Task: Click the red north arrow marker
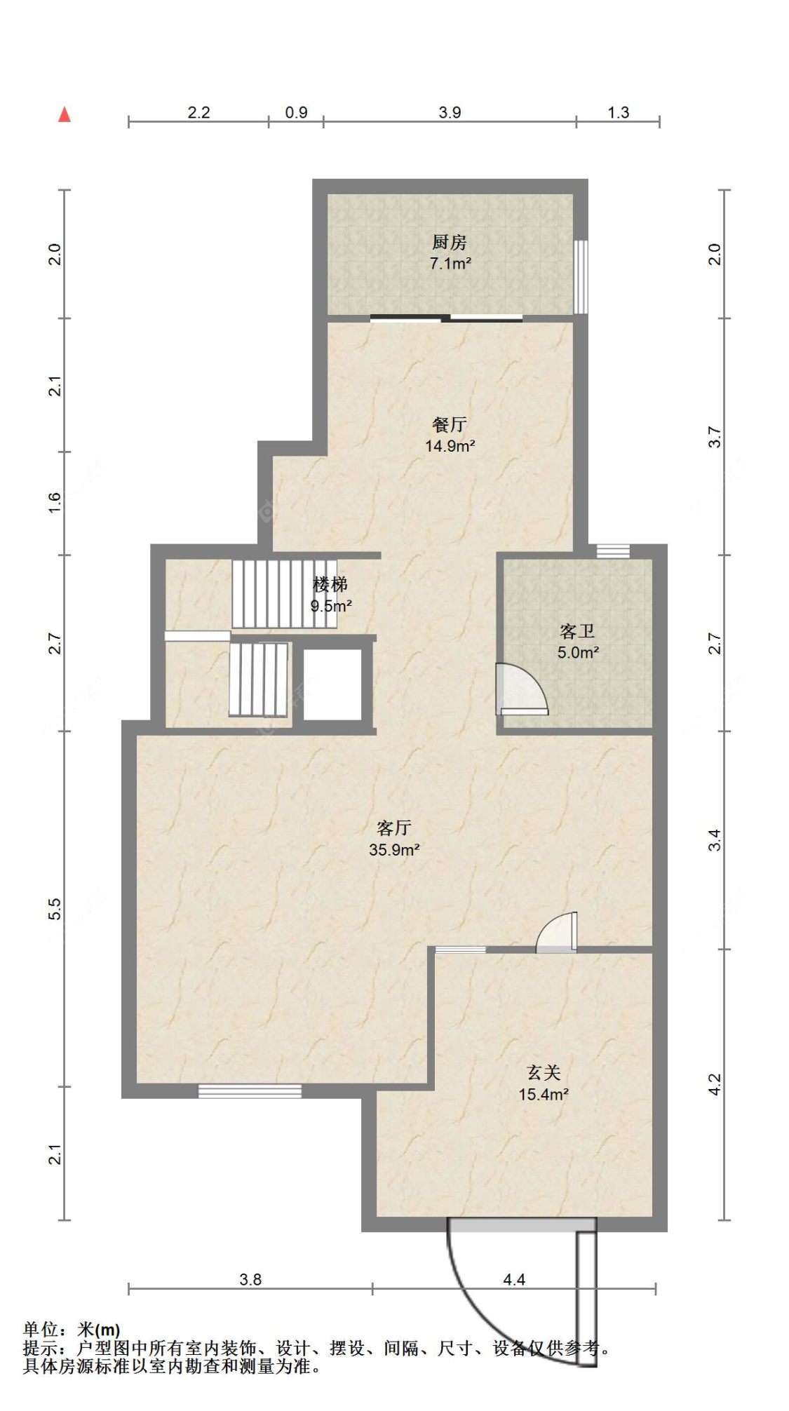[x=65, y=114]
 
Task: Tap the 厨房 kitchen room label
[x=450, y=242]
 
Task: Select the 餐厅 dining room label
[x=450, y=424]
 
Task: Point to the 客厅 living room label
[x=394, y=828]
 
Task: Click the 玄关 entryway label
[x=544, y=1072]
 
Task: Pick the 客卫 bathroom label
[x=578, y=631]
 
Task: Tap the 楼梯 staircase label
[x=330, y=584]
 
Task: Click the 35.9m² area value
[x=394, y=849]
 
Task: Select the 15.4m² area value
[x=544, y=1094]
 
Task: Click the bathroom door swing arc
[x=540, y=684]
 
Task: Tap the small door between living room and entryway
[x=557, y=933]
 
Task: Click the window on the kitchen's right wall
[x=581, y=277]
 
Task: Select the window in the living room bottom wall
[x=250, y=1091]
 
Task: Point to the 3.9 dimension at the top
[x=450, y=112]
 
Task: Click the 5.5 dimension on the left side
[x=55, y=909]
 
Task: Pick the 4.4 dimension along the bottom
[x=514, y=1280]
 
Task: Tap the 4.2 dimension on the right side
[x=714, y=1085]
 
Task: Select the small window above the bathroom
[x=613, y=551]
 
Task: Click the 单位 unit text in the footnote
[x=40, y=1329]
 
